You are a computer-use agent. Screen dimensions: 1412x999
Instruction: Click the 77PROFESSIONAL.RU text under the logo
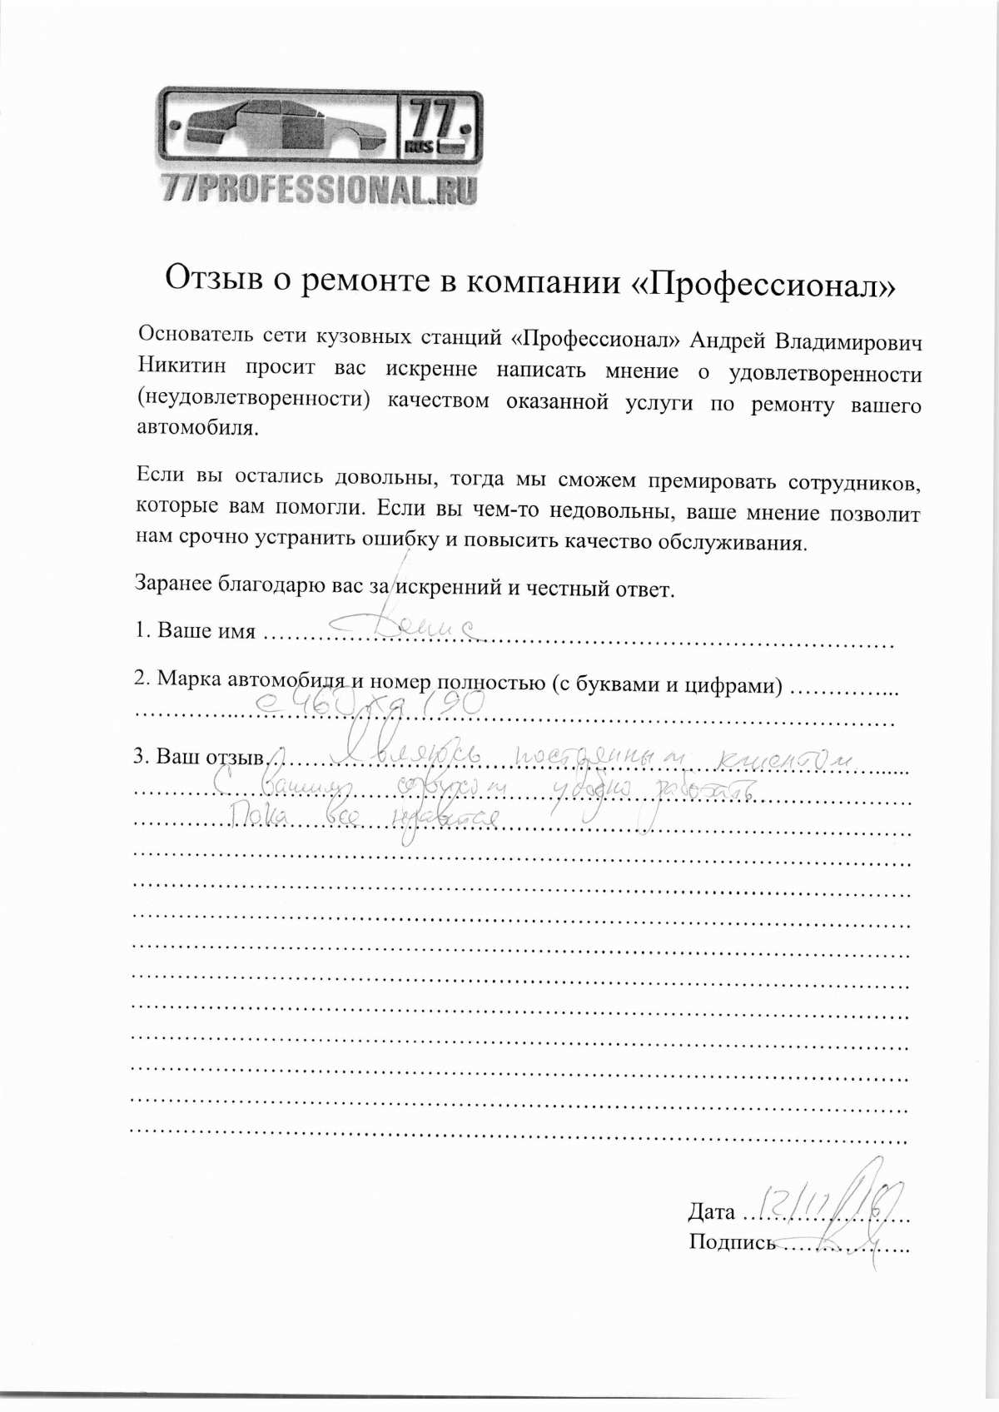321,190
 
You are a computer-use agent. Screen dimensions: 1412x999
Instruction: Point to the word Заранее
172,582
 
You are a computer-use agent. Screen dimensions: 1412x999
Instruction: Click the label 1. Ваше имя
196,630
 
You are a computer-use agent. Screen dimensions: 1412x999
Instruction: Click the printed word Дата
711,1212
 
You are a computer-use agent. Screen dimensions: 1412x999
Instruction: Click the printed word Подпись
732,1242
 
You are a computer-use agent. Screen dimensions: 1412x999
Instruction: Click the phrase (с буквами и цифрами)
666,685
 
